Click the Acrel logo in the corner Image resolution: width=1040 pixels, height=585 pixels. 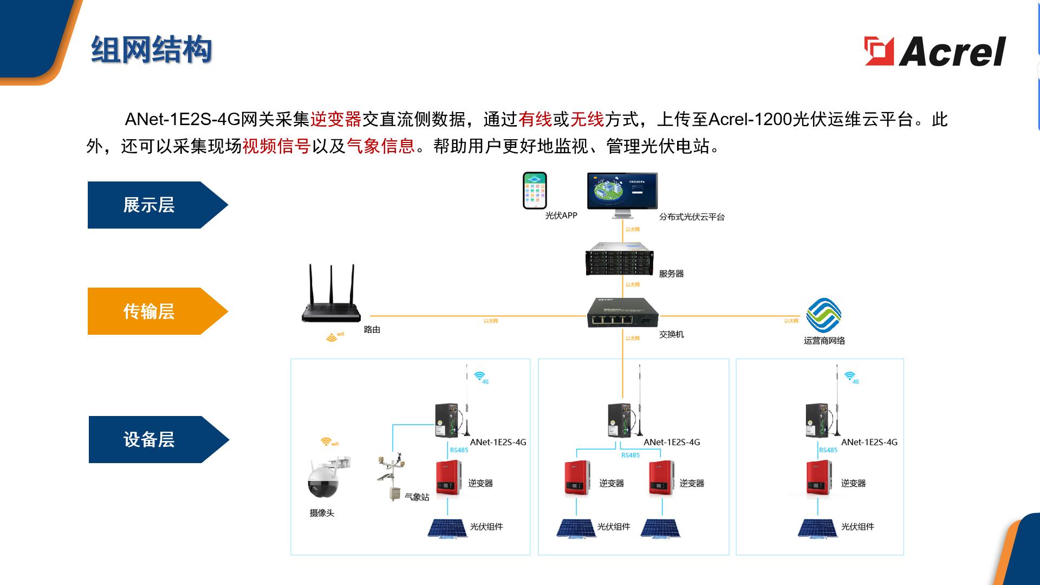[x=935, y=51]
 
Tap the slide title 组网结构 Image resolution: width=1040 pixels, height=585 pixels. [x=151, y=50]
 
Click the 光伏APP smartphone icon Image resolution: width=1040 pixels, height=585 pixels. [x=535, y=191]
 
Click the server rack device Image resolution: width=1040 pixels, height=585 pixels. [x=619, y=259]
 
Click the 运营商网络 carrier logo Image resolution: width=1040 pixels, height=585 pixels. [x=823, y=315]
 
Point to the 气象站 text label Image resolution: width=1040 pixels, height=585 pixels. [x=417, y=497]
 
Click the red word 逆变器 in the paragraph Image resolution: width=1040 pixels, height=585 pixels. [x=335, y=119]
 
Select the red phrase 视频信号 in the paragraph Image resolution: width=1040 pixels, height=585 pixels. [x=276, y=146]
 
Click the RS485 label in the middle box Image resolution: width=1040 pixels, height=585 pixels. [x=630, y=455]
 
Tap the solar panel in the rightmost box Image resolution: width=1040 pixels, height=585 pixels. [x=817, y=528]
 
